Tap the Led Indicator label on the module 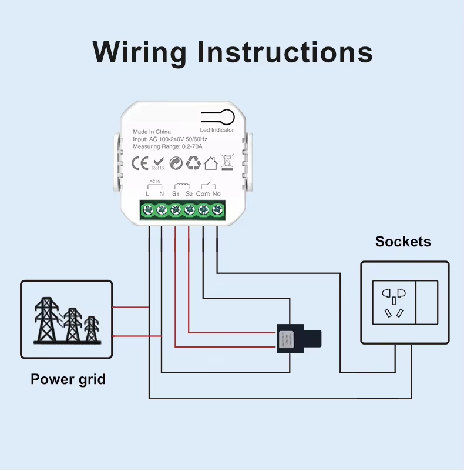[x=217, y=130]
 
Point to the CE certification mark [x=139, y=163]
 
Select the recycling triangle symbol [x=193, y=163]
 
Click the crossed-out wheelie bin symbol [x=227, y=162]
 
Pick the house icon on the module [x=211, y=163]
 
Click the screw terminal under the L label [x=147, y=209]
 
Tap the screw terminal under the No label [x=217, y=209]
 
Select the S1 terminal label [x=175, y=193]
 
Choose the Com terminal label [x=203, y=193]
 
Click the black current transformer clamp [x=299, y=339]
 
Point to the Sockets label [x=403, y=241]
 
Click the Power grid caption [x=68, y=379]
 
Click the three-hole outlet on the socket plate [x=394, y=302]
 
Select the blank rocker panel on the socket [x=426, y=302]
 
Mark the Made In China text [x=152, y=132]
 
